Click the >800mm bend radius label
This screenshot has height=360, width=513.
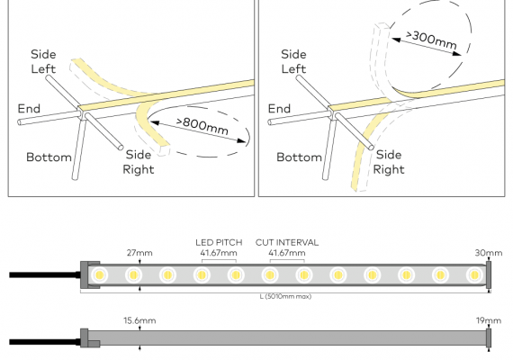coord(202,125)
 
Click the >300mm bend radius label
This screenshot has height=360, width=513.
coord(431,40)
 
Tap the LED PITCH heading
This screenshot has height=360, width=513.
coord(219,242)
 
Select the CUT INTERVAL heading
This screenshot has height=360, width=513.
coord(287,242)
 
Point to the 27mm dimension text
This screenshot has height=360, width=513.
coord(139,253)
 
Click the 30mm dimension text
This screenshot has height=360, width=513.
coord(489,253)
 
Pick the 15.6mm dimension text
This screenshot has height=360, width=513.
coord(139,320)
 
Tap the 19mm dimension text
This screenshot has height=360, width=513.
coord(489,320)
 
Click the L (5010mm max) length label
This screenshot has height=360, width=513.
coord(285,296)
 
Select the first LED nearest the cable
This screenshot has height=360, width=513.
coord(100,274)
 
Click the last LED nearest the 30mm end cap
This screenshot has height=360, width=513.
coord(474,274)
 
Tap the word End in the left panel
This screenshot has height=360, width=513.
coord(29,109)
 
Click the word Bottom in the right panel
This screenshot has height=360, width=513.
coord(299,157)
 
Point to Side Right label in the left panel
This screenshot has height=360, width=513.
coord(139,162)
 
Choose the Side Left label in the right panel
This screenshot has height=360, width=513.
coord(293,61)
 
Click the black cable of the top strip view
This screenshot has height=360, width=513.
coord(45,274)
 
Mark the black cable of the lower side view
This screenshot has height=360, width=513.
coord(45,342)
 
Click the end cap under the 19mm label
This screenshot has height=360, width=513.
coord(489,338)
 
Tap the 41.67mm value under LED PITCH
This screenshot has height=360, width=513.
coord(219,253)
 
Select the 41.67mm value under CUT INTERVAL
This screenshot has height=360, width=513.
coord(287,253)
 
